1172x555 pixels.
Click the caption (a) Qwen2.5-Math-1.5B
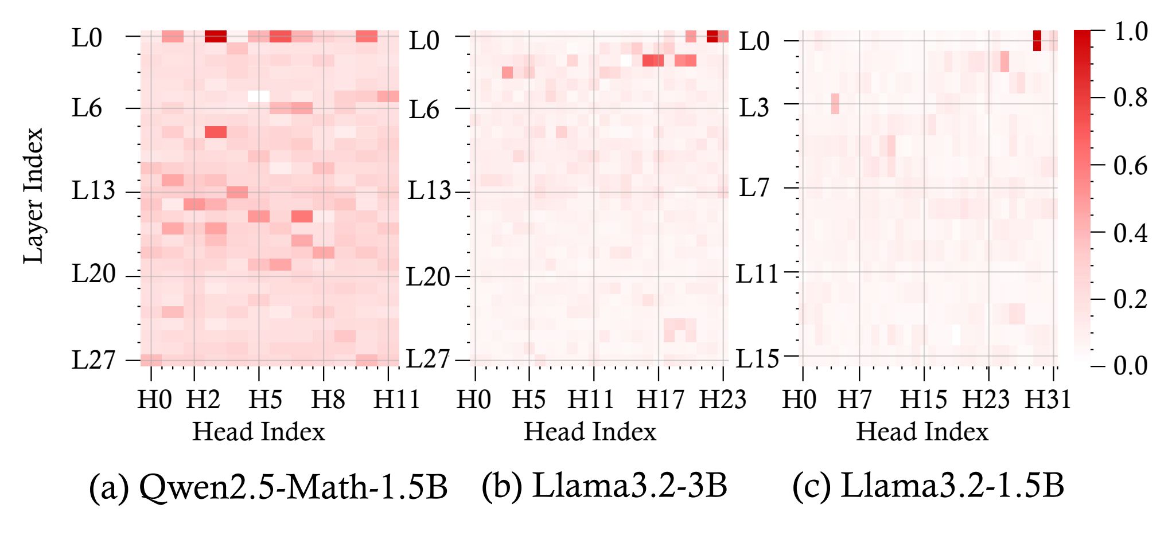click(x=268, y=487)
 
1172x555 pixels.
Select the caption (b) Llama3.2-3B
click(x=604, y=486)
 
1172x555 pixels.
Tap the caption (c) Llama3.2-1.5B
click(x=928, y=486)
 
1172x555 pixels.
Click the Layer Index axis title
click(x=33, y=196)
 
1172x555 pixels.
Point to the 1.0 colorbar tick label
click(x=1130, y=32)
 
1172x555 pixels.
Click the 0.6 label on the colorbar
click(x=1130, y=166)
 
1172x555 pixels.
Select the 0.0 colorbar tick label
click(x=1130, y=366)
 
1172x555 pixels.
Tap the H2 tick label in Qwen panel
click(x=203, y=399)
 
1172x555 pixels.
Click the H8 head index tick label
click(x=328, y=399)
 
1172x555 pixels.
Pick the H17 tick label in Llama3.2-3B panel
click(x=660, y=399)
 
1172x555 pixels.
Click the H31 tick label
click(x=1048, y=399)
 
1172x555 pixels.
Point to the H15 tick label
click(x=923, y=399)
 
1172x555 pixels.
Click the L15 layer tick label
click(x=757, y=359)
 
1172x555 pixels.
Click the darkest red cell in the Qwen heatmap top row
click(x=216, y=36)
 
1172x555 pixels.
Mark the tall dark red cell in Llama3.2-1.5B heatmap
click(x=1037, y=41)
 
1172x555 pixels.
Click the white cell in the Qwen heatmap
click(x=258, y=96)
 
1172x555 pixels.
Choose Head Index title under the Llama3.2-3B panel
click(x=590, y=432)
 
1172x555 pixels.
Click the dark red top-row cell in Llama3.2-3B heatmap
click(x=712, y=36)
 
